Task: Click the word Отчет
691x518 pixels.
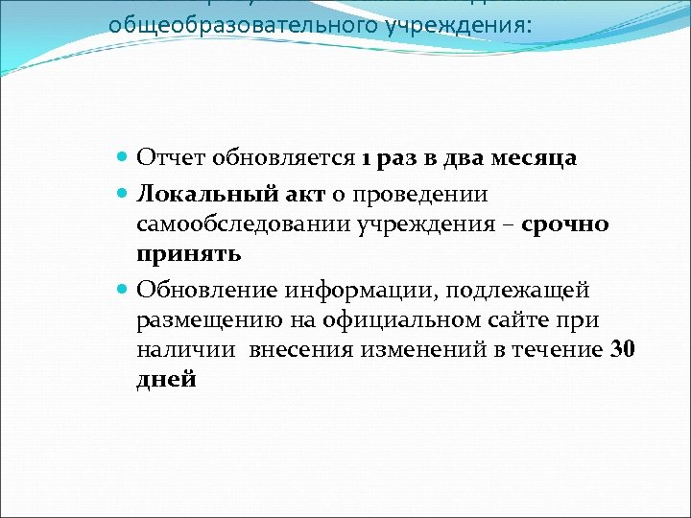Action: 166,158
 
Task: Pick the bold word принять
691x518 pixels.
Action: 188,255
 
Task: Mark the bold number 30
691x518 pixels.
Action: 623,349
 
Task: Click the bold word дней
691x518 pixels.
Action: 166,380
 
